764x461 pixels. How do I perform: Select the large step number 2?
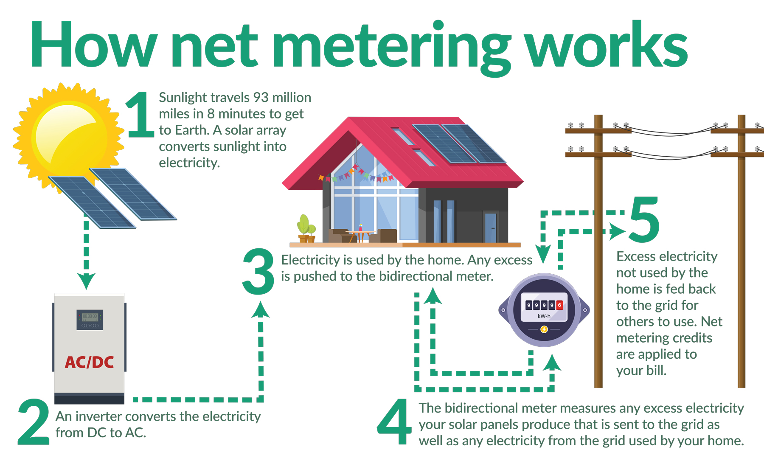pyautogui.click(x=34, y=422)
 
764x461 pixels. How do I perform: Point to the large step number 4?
pyautogui.click(x=394, y=422)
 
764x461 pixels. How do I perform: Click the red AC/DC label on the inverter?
pyautogui.click(x=89, y=362)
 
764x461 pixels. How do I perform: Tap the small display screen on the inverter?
pyautogui.click(x=90, y=317)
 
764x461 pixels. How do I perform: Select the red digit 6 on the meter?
pyautogui.click(x=559, y=305)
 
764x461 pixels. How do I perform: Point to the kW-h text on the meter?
pyautogui.click(x=544, y=316)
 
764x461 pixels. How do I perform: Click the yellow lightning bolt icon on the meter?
pyautogui.click(x=544, y=329)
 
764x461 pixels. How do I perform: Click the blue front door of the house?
pyautogui.click(x=490, y=227)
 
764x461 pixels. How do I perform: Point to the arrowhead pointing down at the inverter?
pyautogui.click(x=86, y=281)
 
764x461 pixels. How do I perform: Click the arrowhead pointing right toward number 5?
pyautogui.click(x=617, y=232)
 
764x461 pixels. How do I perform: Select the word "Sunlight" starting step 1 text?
pyautogui.click(x=183, y=98)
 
